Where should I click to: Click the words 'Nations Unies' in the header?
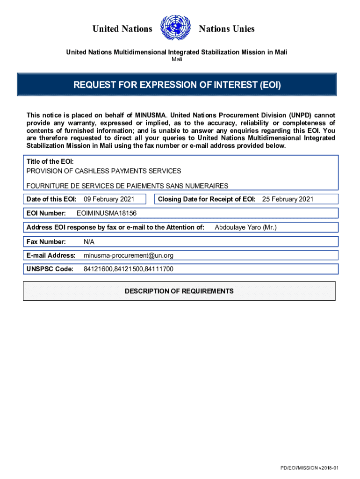(x=227, y=29)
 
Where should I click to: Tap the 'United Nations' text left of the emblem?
(x=122, y=29)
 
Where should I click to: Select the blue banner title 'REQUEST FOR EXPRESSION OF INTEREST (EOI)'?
(x=177, y=85)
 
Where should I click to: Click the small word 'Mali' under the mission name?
(x=177, y=59)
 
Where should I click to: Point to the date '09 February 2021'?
(x=109, y=199)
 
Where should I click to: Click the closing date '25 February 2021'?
(x=288, y=199)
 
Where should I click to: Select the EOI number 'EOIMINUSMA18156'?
(x=106, y=213)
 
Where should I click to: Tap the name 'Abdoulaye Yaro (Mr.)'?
(x=245, y=227)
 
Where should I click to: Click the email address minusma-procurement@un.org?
(x=129, y=255)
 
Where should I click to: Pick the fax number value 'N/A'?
(x=89, y=241)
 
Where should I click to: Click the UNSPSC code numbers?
(x=129, y=269)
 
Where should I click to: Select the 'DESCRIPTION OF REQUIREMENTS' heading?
(x=179, y=291)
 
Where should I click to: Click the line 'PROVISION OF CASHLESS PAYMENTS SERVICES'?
(x=104, y=171)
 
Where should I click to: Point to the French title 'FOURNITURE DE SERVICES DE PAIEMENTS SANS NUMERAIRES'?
(x=128, y=186)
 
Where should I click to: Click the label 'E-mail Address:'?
(x=51, y=255)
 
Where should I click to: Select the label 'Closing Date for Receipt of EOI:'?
(x=207, y=199)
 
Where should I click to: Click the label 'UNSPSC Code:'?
(x=50, y=269)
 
